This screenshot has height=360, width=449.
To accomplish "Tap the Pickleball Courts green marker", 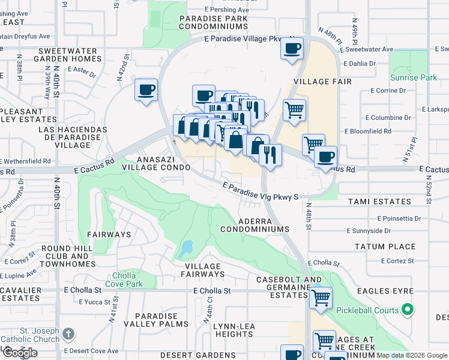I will click(x=408, y=310).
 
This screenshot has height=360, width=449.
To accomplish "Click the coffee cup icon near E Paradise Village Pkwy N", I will click(x=292, y=49).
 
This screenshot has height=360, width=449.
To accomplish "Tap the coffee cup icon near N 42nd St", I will click(x=146, y=90).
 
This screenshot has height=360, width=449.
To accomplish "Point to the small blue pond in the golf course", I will click(x=187, y=247).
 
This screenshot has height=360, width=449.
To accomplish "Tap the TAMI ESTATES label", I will click(x=378, y=202).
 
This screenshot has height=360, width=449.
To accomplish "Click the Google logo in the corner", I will click(x=20, y=353).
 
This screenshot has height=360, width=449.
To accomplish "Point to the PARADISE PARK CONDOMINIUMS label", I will click(x=213, y=23).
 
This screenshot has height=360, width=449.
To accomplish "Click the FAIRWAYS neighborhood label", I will click(x=109, y=234).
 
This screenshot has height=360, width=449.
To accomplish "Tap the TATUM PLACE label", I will click(x=385, y=247).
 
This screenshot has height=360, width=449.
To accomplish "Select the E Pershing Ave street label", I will click(x=226, y=10).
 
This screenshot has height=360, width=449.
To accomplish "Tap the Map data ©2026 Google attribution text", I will click(x=412, y=355).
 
